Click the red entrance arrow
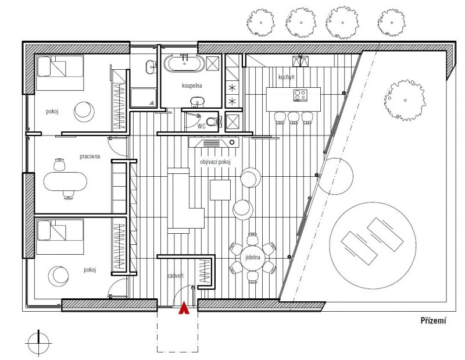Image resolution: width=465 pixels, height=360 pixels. click(184, 308)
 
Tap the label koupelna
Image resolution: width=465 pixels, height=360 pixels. click(192, 85)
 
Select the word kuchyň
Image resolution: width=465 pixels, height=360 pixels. click(287, 77)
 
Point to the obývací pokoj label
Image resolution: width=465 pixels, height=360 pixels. click(215, 162)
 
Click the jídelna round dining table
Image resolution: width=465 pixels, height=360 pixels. click(253, 257)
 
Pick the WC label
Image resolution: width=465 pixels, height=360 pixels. click(202, 126)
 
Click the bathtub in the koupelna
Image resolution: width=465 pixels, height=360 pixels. click(184, 63)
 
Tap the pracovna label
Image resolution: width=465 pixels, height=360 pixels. click(90, 156)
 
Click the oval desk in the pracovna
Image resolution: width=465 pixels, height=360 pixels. click(65, 181)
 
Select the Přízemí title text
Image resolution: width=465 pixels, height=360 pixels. click(433, 320)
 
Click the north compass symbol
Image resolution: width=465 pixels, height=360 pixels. click(38, 343)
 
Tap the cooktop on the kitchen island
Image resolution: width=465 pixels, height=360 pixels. click(300, 95)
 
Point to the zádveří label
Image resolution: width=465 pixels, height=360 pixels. click(176, 276)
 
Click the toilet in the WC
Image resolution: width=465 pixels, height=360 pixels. click(212, 122)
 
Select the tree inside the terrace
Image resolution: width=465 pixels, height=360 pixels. click(405, 100)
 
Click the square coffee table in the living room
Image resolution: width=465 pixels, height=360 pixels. click(220, 190)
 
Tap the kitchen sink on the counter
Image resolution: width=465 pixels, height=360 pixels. click(301, 61)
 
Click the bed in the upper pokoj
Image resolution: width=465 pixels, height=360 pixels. click(60, 73)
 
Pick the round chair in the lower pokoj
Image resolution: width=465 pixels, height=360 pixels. click(58, 277)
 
